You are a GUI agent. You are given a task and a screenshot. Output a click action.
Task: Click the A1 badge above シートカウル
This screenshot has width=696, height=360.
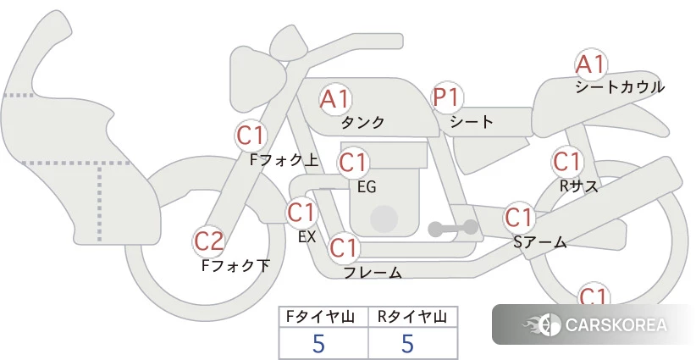[590, 65]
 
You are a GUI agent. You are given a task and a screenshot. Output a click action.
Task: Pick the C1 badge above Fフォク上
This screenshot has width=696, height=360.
[251, 135]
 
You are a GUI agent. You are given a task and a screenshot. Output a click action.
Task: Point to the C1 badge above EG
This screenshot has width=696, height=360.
[354, 162]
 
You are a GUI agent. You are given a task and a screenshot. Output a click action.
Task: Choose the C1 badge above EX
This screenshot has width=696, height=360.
[301, 212]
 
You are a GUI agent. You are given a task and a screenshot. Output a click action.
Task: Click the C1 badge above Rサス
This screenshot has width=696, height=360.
[566, 162]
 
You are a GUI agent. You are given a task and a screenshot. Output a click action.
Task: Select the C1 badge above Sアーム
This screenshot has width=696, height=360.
[519, 217]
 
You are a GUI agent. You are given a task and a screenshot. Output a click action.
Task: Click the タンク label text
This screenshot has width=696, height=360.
[362, 123]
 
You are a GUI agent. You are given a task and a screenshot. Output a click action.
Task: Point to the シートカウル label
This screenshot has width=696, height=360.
[619, 87]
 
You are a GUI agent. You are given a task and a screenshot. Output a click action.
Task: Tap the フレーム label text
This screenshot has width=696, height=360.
[373, 273]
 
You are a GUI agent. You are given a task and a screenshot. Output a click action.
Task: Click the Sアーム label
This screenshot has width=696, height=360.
[540, 242]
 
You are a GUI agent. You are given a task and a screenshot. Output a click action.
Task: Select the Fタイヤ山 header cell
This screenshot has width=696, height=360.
[323, 317]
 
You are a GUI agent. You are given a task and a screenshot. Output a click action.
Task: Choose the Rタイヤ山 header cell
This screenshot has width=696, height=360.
[412, 317]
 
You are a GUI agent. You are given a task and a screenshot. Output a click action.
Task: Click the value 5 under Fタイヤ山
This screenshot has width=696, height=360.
[318, 344]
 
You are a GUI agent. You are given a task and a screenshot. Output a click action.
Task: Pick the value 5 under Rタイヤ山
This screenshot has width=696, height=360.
[407, 344]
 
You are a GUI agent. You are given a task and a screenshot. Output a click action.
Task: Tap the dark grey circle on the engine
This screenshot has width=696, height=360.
[384, 218]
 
